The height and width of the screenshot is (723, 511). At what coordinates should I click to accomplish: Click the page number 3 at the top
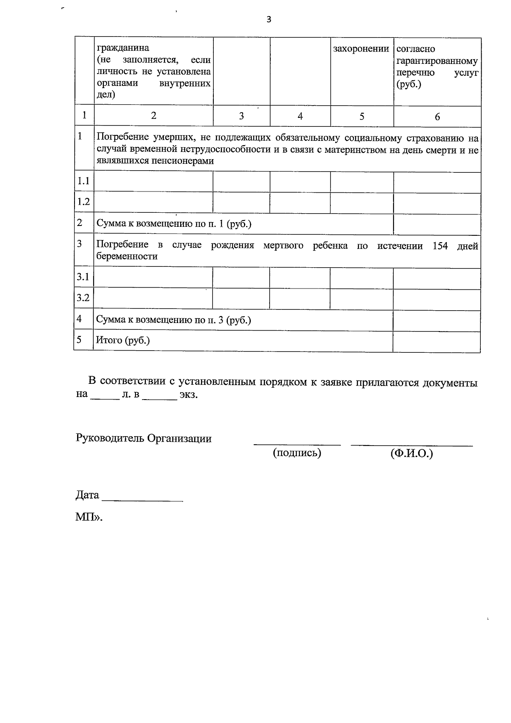tap(268, 20)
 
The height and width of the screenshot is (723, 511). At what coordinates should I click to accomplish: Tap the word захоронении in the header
tap(361, 49)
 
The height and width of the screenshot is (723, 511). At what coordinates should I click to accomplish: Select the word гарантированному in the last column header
tap(437, 61)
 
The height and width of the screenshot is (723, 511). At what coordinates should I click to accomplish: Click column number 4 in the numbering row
tap(300, 116)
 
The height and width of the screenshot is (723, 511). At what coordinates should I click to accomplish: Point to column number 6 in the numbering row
tap(437, 117)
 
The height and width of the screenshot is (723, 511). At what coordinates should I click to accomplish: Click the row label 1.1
tap(83, 181)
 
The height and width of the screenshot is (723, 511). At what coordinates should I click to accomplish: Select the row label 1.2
tap(83, 202)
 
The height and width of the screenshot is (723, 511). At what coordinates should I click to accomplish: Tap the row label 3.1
tap(83, 277)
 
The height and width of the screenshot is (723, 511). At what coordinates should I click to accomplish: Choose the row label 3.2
tap(83, 298)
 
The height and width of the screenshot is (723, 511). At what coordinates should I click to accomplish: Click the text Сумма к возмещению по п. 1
tap(174, 224)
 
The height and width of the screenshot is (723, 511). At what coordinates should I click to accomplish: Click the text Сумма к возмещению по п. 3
tap(173, 320)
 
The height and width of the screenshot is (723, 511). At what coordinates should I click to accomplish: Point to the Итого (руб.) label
tap(123, 340)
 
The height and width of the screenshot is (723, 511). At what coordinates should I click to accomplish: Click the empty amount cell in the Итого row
tap(436, 341)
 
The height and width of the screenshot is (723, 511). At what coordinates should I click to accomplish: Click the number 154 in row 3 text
tap(440, 246)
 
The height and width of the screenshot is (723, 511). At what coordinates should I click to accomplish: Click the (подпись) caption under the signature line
tap(297, 453)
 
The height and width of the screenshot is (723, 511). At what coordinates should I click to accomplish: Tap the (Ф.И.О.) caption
tap(411, 453)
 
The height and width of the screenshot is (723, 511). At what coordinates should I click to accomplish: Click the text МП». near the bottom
tap(89, 517)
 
